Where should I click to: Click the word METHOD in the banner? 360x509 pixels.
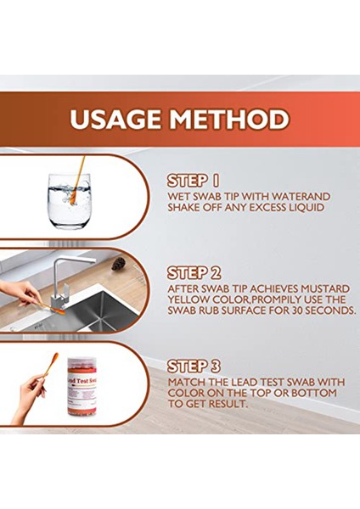pos(229,119)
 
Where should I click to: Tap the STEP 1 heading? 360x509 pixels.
pos(193,182)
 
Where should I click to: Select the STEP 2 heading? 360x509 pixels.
pos(194,273)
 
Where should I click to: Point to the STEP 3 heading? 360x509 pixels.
pos(194,366)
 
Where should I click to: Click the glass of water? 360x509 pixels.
pos(69,201)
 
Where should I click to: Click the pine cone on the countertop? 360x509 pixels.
pos(119,264)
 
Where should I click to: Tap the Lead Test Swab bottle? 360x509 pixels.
pos(82,387)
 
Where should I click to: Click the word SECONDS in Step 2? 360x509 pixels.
pos(330,310)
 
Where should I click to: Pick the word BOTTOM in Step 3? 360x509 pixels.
pos(314,393)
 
